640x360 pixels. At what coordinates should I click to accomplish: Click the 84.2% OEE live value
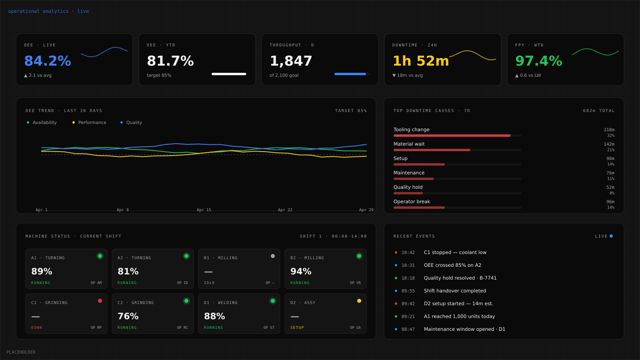48,61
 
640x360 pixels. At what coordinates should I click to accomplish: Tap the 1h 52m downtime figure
421,61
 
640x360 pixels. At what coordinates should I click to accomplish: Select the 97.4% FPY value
538,61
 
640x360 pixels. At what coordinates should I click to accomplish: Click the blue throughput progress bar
350,74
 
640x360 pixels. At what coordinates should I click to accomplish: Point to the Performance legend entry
92,122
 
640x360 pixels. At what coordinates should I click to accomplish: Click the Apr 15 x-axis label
204,210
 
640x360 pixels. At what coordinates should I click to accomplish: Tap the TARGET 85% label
351,111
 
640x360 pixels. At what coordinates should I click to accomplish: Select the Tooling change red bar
452,136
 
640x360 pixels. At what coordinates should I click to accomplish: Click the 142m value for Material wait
609,144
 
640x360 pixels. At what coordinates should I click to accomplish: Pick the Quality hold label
408,187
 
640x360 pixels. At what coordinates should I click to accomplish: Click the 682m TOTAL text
598,111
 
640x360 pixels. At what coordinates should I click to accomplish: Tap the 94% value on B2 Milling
301,271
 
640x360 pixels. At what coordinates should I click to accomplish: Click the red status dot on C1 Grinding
100,301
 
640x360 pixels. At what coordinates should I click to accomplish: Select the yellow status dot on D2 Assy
359,301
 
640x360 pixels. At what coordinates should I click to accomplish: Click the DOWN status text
36,328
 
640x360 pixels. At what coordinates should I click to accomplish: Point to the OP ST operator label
269,328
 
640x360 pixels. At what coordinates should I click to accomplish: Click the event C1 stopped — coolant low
455,252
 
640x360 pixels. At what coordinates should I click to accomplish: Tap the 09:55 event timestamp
408,291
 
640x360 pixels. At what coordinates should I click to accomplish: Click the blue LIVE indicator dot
611,236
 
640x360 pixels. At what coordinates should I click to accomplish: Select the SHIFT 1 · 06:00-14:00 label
333,236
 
